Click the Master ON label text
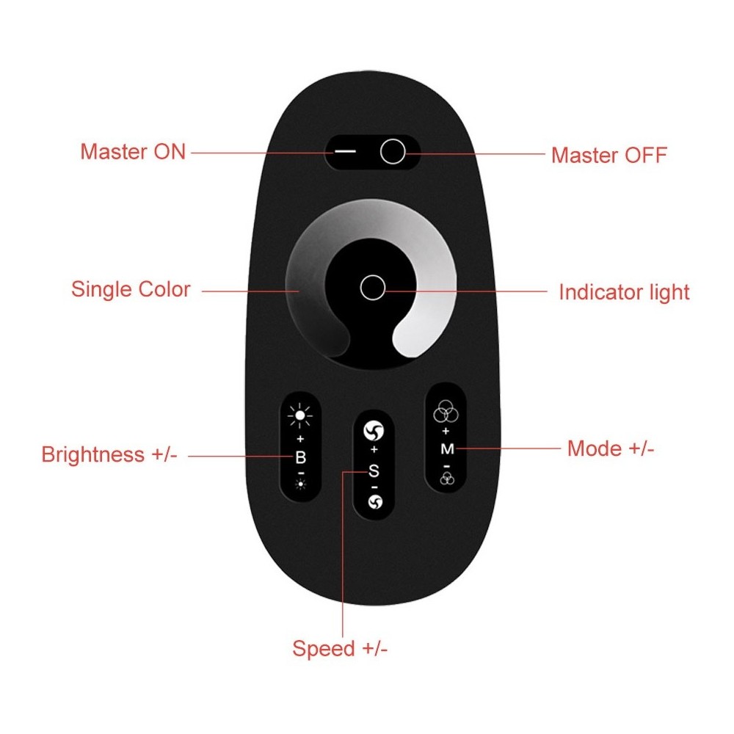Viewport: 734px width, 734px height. [133, 152]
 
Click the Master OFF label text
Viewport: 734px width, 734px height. [609, 155]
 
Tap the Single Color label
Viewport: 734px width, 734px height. [131, 288]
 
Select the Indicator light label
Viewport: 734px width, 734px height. [624, 292]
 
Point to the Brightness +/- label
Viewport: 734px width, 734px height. [109, 454]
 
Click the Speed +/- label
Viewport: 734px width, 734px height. [340, 649]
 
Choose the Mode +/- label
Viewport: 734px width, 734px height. [611, 448]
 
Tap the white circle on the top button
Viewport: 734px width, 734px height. [392, 151]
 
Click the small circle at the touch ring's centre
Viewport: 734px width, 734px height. [373, 287]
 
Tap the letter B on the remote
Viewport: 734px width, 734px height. [300, 457]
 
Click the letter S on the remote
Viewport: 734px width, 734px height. [374, 470]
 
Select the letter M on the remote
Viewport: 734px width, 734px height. [447, 449]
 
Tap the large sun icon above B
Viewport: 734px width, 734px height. [300, 415]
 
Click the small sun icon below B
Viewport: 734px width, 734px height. [300, 484]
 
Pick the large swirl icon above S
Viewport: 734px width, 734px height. [374, 431]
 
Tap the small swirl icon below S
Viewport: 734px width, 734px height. [375, 502]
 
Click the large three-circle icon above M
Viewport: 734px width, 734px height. [446, 412]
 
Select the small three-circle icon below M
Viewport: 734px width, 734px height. [447, 479]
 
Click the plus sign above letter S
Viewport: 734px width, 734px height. [374, 450]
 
